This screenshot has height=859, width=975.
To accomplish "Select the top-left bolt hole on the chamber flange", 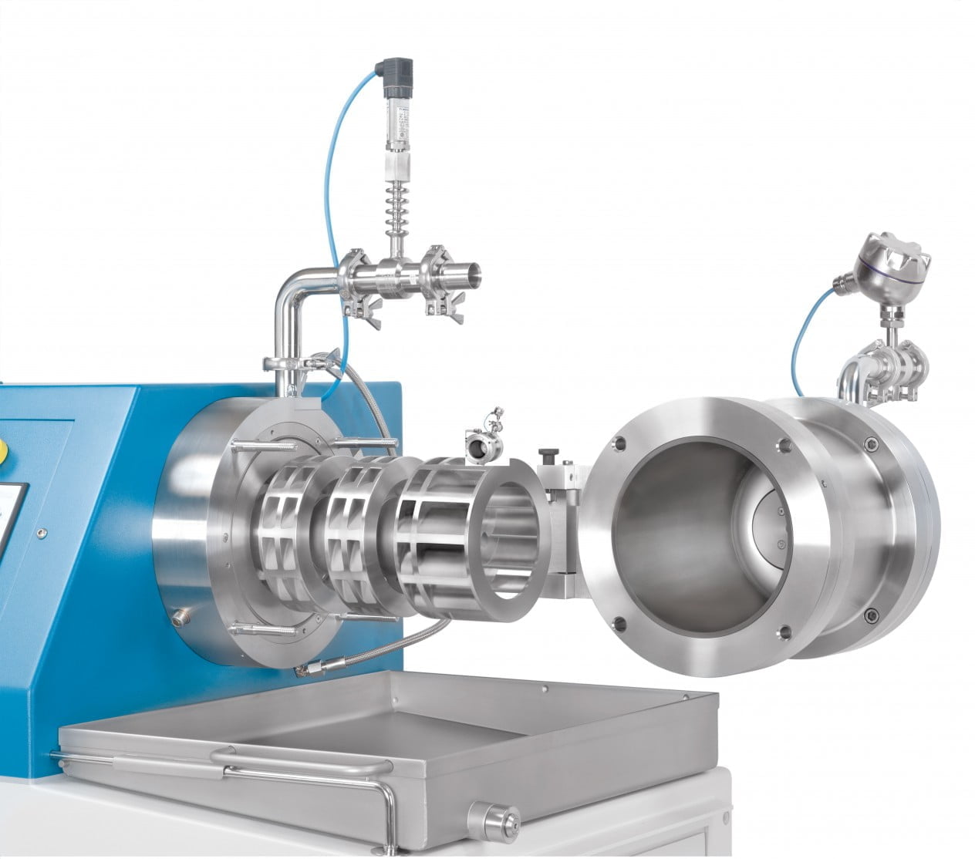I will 616,443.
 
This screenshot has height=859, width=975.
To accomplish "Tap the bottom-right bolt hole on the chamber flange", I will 786,633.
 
